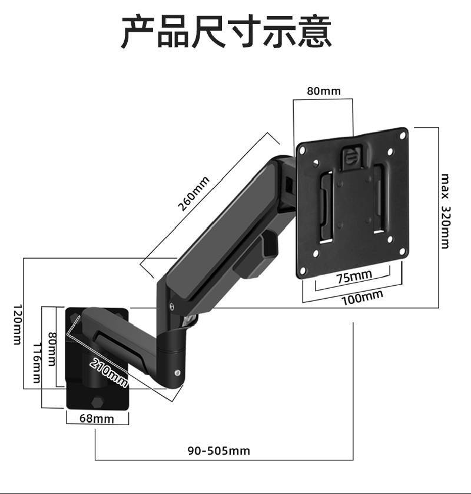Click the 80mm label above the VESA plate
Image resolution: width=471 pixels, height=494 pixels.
click(x=323, y=91)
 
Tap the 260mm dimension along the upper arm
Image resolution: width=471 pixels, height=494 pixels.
click(x=194, y=193)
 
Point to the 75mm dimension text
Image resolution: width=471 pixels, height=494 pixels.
click(x=354, y=276)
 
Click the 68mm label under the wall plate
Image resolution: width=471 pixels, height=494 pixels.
click(x=97, y=419)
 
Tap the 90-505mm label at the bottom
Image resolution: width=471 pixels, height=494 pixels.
click(x=219, y=451)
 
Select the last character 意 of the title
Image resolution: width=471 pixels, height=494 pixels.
click(x=315, y=32)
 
